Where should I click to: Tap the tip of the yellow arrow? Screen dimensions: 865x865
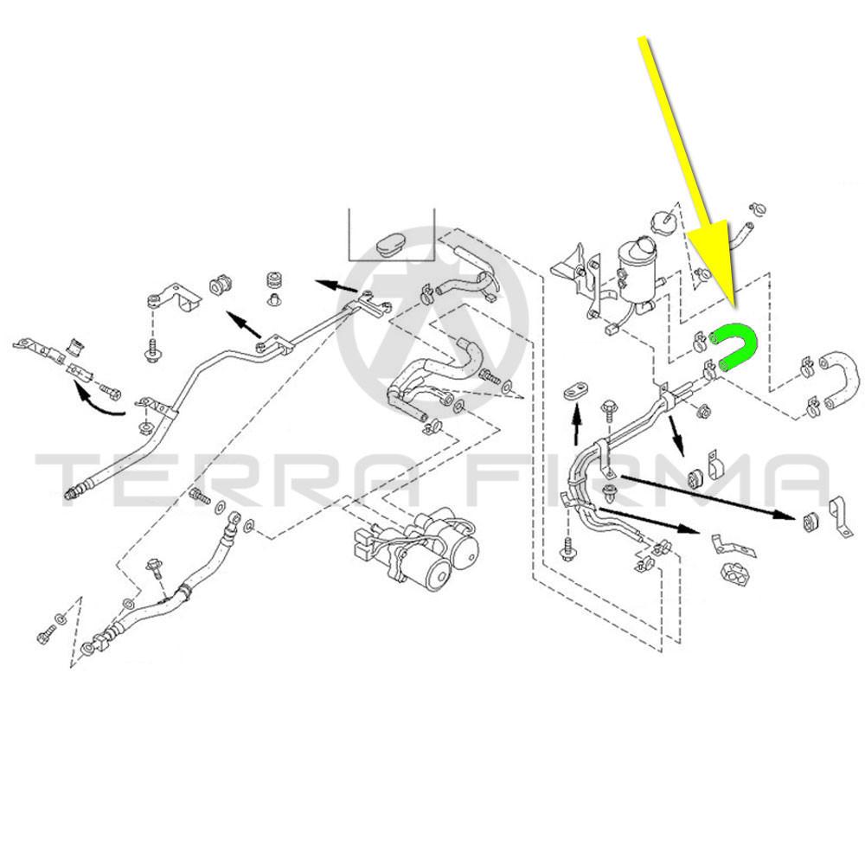point(733,304)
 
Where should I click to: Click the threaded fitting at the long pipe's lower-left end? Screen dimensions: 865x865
point(73,495)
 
